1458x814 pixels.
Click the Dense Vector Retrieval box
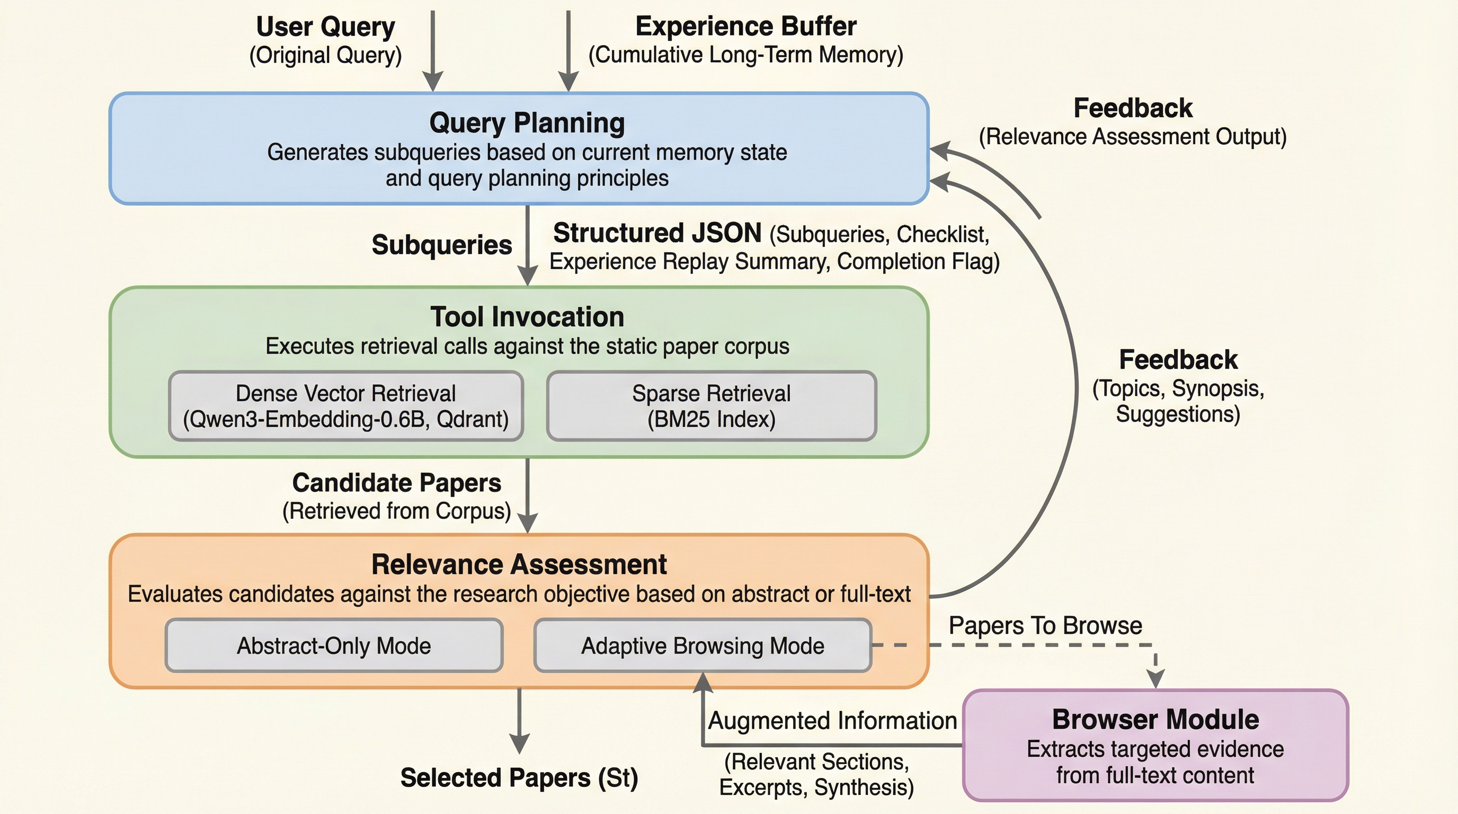point(345,406)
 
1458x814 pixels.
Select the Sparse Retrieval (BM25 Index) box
point(711,406)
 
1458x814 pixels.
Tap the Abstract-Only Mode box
point(334,645)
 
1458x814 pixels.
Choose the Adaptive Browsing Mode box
point(703,645)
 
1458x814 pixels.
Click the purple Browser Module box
point(1155,745)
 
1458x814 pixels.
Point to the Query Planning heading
point(527,123)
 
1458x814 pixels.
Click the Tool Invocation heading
point(527,316)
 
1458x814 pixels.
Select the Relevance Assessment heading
point(519,564)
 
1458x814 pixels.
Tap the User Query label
point(325,26)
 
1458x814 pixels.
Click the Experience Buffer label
point(745,26)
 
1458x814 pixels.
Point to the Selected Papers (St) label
point(519,777)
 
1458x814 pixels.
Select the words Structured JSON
point(657,233)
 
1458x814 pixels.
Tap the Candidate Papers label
point(396,483)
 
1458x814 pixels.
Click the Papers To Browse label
point(1045,625)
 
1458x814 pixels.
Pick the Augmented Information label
point(832,721)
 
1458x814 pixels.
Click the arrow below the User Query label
point(433,51)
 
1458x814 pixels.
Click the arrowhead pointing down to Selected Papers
point(519,742)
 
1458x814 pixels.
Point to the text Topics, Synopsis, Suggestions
point(1178,401)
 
